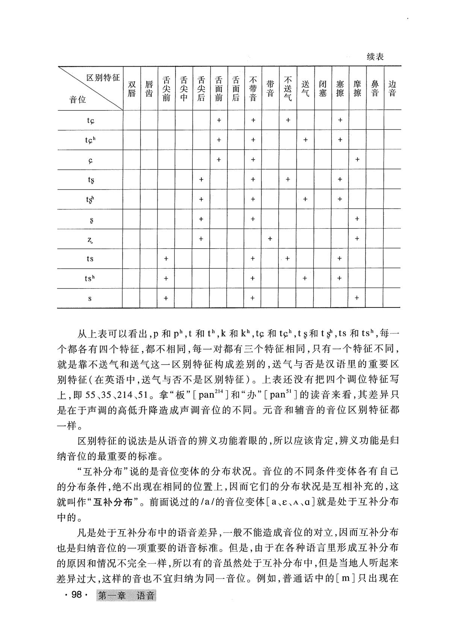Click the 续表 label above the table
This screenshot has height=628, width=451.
[375, 57]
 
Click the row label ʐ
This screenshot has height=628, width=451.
[90, 239]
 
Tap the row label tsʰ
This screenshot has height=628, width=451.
[89, 278]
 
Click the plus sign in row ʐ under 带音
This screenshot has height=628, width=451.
[270, 239]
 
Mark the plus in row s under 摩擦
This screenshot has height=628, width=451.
[357, 298]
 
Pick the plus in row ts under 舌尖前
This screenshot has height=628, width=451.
[166, 258]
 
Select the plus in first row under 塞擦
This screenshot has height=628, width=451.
[340, 120]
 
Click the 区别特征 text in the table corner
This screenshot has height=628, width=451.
[103, 78]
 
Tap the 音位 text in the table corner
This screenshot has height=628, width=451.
[78, 100]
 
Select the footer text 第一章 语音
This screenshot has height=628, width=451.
[126, 596]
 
